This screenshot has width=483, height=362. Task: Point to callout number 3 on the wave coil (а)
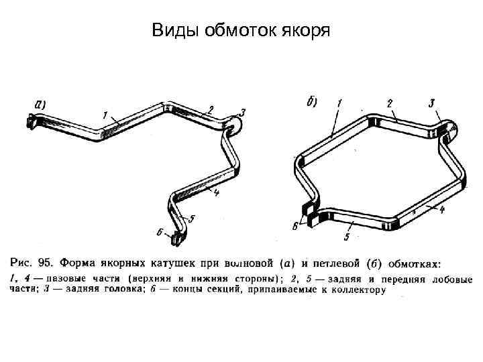coord(242,113)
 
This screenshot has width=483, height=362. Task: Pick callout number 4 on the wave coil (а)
coord(217,192)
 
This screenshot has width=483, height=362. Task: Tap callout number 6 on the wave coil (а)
coord(159,232)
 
